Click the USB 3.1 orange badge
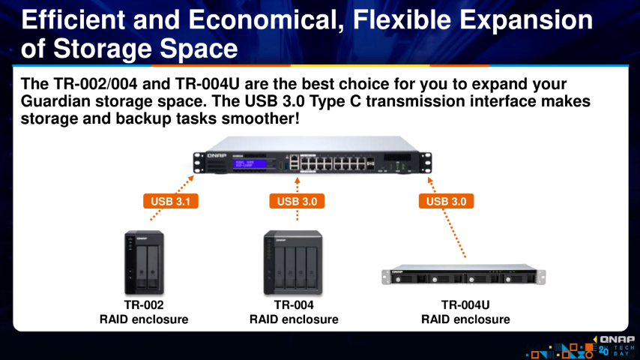[x=171, y=201]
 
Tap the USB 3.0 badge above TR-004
[x=297, y=201]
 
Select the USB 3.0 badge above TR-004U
[x=446, y=201]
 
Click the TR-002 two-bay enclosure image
[x=144, y=262]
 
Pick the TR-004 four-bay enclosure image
[x=293, y=262]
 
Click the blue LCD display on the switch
[x=250, y=163]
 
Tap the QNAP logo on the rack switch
[x=217, y=156]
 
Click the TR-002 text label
[x=144, y=304]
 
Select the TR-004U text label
[x=465, y=304]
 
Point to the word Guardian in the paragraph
[x=55, y=101]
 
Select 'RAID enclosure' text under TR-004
[x=294, y=319]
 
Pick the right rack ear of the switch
[x=426, y=162]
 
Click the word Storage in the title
[x=103, y=49]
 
